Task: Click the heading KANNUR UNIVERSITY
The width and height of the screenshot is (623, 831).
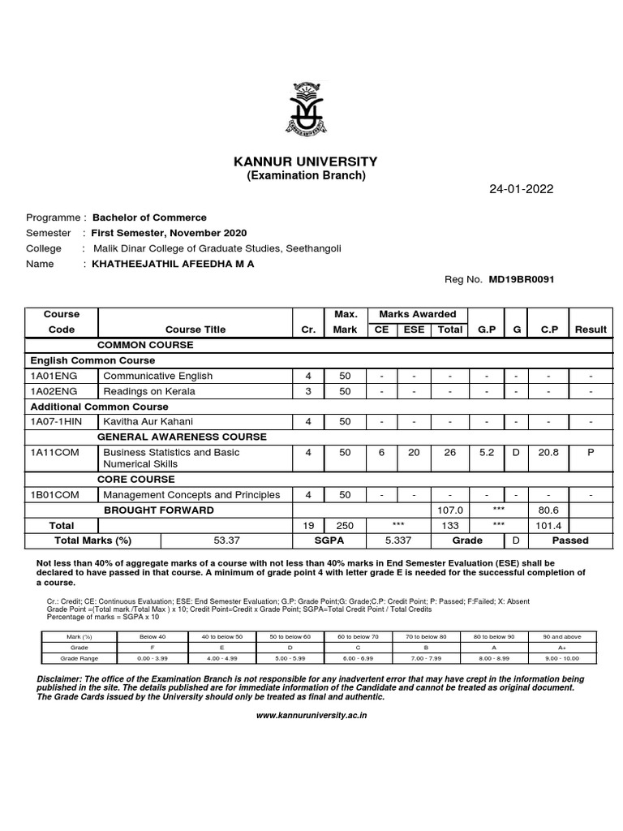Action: tap(306, 161)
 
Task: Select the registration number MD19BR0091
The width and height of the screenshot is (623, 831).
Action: tap(522, 279)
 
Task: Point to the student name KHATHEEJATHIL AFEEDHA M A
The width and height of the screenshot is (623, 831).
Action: tap(173, 264)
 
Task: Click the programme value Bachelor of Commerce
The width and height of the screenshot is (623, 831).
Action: tap(149, 217)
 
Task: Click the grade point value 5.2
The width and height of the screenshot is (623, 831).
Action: tap(486, 452)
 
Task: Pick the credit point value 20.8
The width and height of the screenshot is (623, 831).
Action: tap(548, 452)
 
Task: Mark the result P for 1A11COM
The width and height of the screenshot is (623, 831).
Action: tap(590, 452)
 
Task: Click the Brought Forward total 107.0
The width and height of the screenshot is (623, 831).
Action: tap(449, 510)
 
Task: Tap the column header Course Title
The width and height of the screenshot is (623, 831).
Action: tap(195, 329)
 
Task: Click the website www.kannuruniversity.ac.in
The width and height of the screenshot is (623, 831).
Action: tap(311, 716)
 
